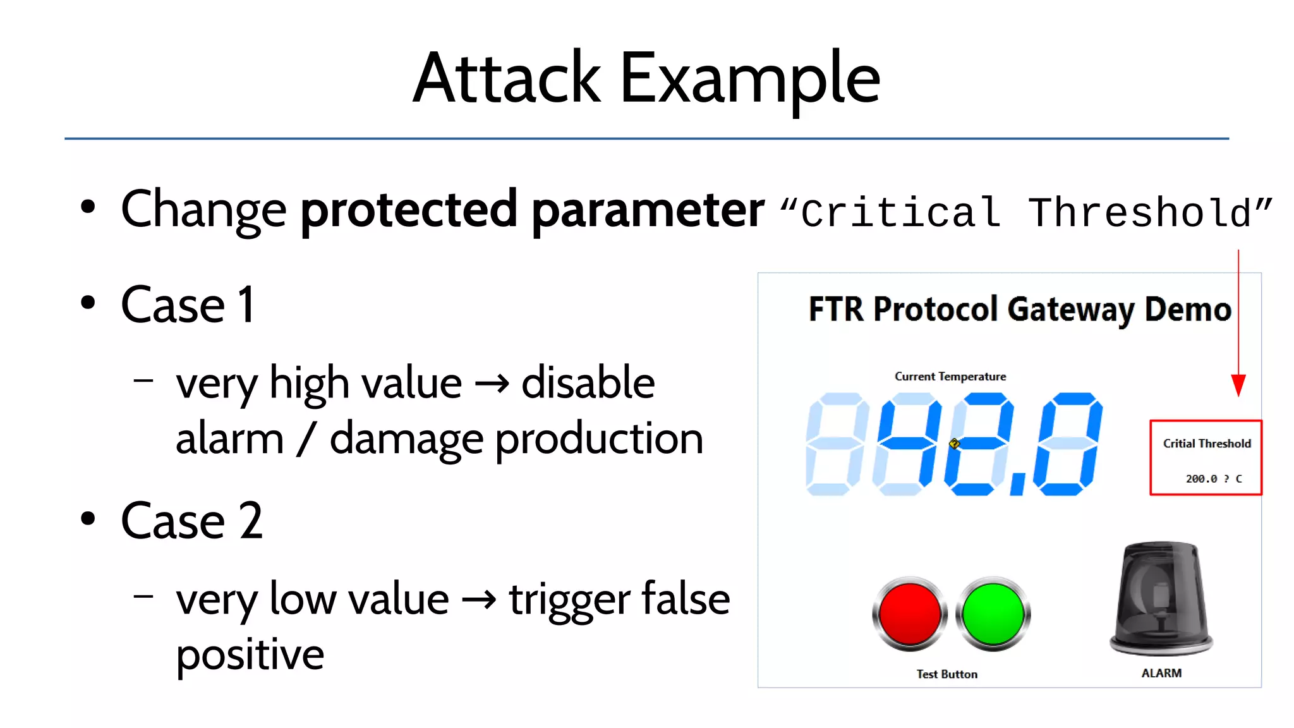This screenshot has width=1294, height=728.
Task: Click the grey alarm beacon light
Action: point(1161,597)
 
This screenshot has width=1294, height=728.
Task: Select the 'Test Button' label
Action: point(946,674)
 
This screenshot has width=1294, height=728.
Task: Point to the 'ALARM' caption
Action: point(1161,674)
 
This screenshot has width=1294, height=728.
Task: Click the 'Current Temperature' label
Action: point(950,377)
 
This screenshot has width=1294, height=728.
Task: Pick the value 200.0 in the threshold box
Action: point(1201,479)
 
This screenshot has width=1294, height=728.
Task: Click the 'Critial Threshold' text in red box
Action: point(1207,444)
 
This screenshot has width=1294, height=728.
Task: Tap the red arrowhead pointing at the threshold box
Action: point(1238,385)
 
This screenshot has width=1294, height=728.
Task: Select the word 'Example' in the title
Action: point(750,80)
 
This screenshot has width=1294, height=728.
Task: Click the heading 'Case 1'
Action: point(188,305)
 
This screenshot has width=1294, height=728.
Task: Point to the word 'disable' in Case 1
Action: point(588,383)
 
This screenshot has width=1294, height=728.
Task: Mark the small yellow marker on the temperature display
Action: point(955,444)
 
